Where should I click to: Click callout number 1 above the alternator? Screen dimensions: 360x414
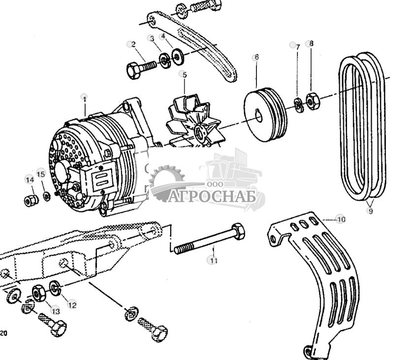click(84, 98)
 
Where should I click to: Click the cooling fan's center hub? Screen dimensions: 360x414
click(200, 132)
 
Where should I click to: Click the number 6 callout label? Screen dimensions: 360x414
click(255, 58)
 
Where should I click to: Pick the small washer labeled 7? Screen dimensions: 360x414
click(298, 105)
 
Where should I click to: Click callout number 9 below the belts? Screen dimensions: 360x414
click(370, 211)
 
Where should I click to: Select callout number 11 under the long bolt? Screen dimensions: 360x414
click(213, 261)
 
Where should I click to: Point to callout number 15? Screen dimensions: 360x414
click(41, 173)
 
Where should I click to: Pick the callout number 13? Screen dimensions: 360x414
click(55, 311)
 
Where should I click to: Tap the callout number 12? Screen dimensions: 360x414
click(72, 305)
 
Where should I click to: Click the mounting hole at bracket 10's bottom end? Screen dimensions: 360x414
click(309, 351)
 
